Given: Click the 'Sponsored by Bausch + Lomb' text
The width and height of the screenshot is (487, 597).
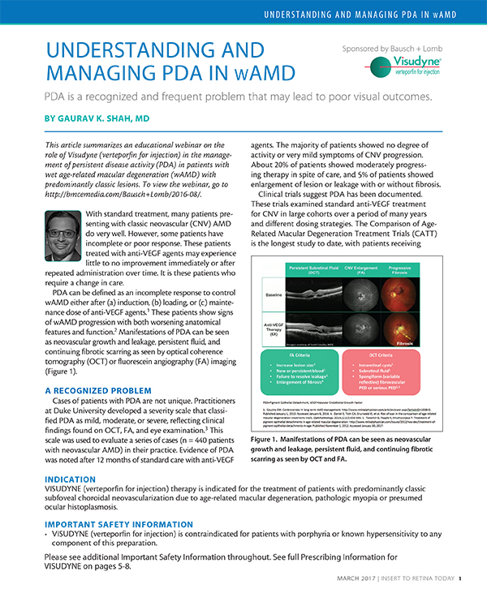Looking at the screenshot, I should [x=400, y=48].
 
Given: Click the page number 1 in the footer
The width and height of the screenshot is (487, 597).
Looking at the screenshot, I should [x=460, y=578].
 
